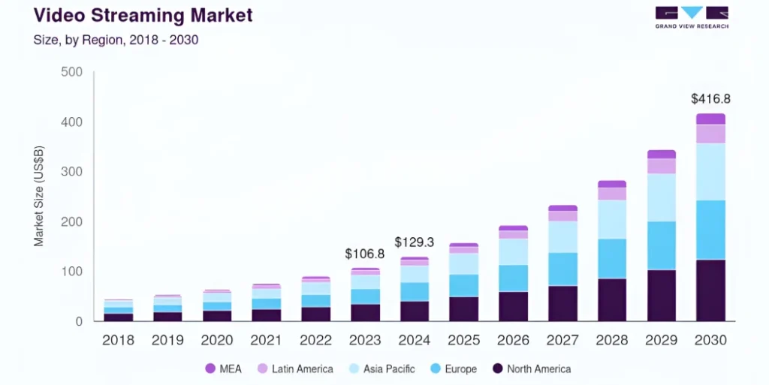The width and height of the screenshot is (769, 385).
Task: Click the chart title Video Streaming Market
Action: (x=143, y=14)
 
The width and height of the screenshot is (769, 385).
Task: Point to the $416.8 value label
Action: (x=710, y=98)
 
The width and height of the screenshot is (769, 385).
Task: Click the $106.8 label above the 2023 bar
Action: (x=365, y=254)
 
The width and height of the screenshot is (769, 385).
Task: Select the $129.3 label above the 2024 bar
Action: (x=415, y=242)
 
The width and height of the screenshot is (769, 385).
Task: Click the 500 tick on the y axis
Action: (x=71, y=72)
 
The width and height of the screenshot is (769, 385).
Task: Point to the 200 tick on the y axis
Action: (x=71, y=222)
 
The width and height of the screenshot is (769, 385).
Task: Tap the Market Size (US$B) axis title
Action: (x=38, y=197)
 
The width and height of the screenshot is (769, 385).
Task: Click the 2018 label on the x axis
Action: (x=119, y=340)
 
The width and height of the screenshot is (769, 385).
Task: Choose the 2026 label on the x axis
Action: (x=514, y=340)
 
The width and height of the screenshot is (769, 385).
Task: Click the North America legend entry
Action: (x=531, y=368)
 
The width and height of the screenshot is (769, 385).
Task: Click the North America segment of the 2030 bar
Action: (x=710, y=290)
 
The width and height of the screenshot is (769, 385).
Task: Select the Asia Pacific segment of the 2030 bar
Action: (x=710, y=171)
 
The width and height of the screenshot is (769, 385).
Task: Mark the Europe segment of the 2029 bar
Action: (x=662, y=245)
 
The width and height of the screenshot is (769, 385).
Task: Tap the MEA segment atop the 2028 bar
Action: (x=612, y=184)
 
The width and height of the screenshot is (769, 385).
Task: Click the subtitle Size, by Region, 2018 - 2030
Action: (x=116, y=40)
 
